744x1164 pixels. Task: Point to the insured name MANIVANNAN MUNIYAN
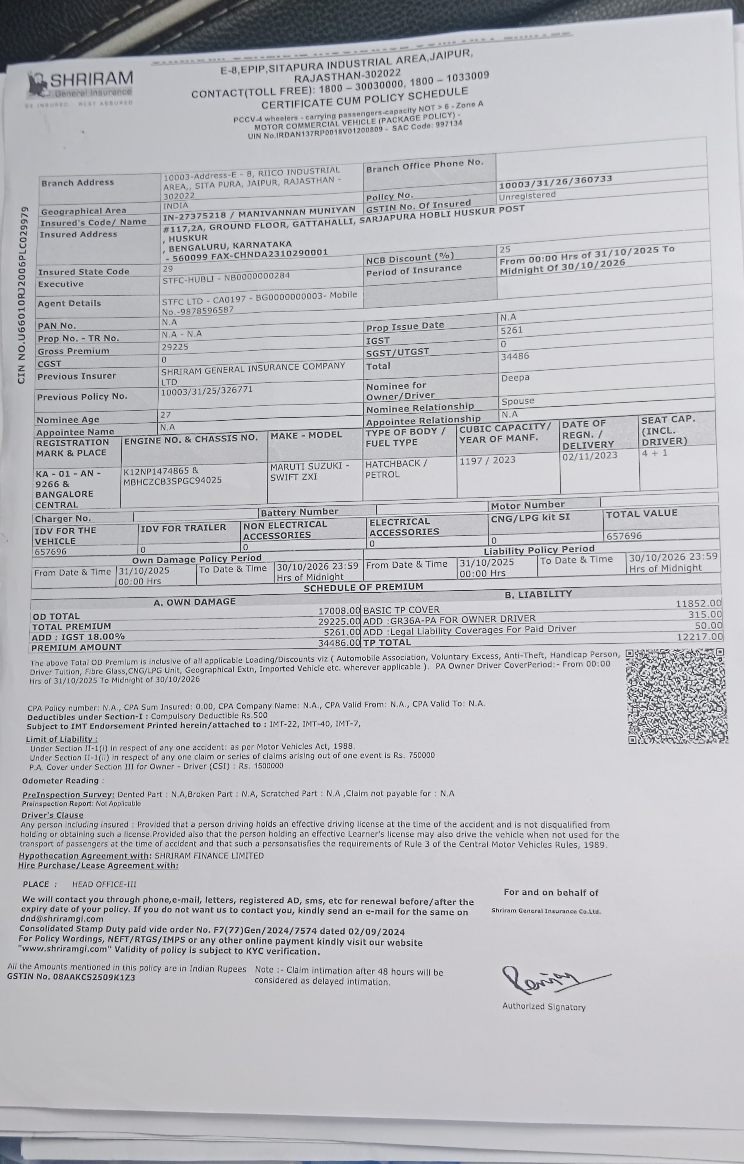296,212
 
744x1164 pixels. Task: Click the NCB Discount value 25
505,249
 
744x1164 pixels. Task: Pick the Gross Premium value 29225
175,347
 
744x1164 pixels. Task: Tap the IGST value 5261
511,331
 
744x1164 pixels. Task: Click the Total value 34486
515,356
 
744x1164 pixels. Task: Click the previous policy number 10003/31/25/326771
207,390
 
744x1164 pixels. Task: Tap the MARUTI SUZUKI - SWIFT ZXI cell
310,471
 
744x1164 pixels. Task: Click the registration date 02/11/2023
589,455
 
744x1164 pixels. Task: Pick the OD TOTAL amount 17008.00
339,611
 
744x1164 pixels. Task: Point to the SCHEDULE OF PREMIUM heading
363,587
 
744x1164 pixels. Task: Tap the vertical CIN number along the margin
22,295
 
